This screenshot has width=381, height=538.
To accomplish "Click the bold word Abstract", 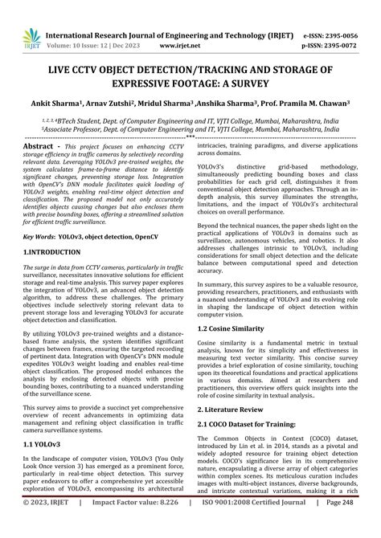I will point(42,147).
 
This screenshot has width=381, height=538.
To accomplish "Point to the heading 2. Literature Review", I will point(236,407).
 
